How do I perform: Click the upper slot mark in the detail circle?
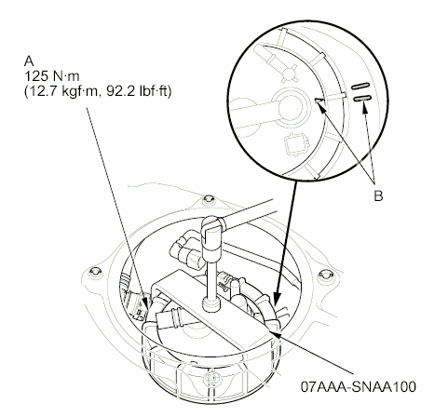[x=360, y=82]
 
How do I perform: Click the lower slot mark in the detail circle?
[x=361, y=94]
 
